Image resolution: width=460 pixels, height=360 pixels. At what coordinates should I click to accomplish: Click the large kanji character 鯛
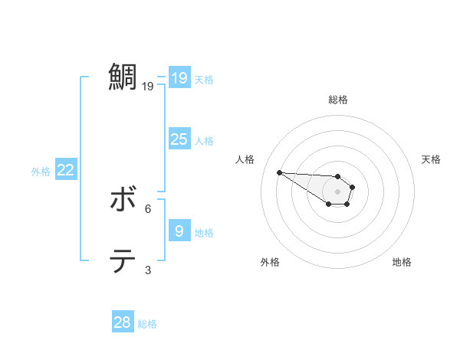tap(124, 77)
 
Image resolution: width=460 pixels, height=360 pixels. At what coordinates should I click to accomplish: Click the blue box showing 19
tap(179, 78)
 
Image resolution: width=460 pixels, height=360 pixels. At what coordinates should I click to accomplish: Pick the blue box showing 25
tap(179, 139)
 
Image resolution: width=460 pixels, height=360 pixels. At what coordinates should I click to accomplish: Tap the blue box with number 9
tap(179, 231)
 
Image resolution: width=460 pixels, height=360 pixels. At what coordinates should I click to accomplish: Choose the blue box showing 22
tap(65, 170)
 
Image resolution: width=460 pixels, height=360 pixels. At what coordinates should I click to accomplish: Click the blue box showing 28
tap(122, 322)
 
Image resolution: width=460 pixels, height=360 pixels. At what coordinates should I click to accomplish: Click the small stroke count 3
tap(148, 270)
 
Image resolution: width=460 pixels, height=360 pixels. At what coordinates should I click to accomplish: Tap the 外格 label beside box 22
tap(41, 172)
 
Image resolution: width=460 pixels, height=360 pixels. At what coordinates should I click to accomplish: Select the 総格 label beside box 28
tap(147, 324)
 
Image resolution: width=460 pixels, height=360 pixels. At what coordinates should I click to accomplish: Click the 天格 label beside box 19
tap(204, 80)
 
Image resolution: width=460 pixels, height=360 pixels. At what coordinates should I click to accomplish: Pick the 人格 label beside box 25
tap(204, 141)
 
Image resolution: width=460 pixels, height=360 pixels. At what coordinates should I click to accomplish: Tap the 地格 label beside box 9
tap(204, 232)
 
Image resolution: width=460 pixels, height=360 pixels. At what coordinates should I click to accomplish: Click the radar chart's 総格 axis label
tap(338, 100)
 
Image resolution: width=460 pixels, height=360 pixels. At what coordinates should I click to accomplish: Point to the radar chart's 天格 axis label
tap(431, 159)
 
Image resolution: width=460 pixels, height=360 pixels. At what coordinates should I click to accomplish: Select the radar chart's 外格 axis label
tap(270, 262)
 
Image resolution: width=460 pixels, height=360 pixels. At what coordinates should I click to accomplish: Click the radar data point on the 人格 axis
tap(279, 172)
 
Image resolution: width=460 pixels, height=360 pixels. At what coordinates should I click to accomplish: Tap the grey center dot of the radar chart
tap(338, 191)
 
